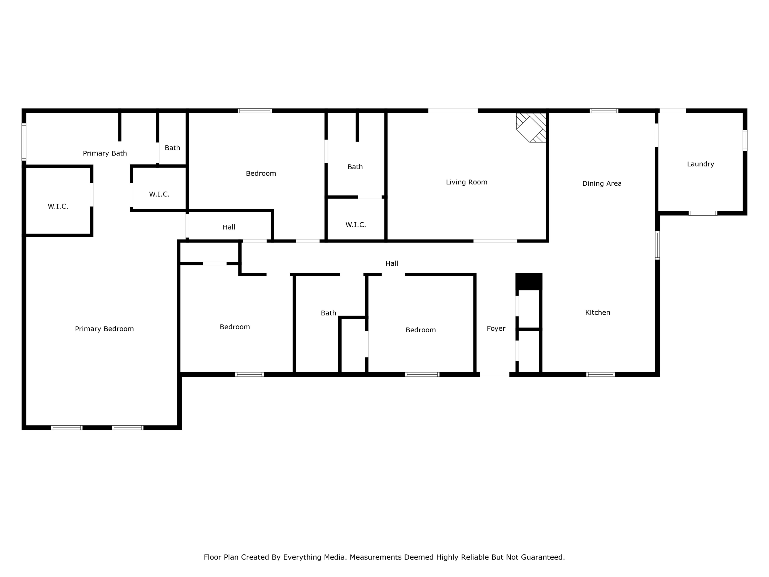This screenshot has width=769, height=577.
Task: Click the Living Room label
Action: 467,182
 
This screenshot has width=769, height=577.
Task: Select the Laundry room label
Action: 700,164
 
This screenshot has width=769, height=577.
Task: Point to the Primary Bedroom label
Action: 104,329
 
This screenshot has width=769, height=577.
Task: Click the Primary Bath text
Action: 105,153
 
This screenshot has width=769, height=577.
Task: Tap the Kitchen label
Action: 597,313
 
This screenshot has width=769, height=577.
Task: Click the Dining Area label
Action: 602,184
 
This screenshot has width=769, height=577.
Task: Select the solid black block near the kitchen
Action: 528,281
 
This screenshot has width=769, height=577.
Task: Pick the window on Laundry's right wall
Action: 745,141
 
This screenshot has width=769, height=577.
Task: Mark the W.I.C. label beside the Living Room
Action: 356,225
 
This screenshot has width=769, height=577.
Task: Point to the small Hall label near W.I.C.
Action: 229,227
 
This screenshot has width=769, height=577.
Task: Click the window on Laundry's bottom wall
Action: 703,213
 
